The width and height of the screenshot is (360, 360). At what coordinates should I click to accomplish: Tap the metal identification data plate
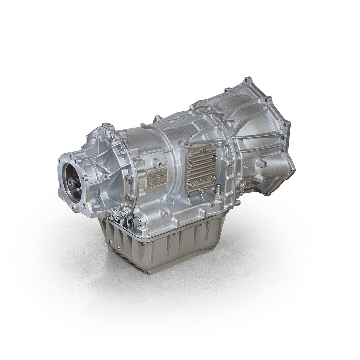click(156, 180)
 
